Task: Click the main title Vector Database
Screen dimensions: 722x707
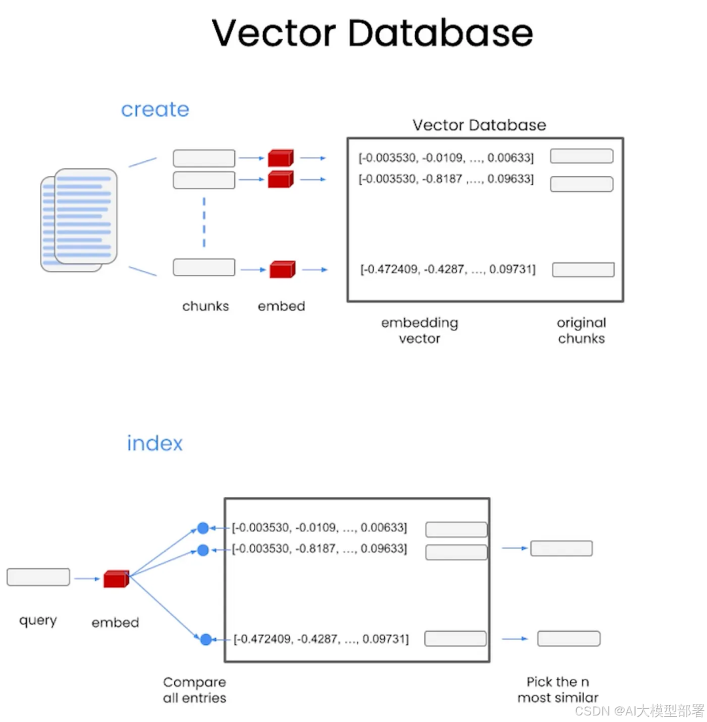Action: click(372, 33)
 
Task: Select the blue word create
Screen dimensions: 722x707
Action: click(155, 109)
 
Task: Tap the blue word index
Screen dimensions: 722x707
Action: click(154, 443)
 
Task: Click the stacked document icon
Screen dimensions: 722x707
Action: click(79, 220)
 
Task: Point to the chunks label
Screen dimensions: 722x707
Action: click(206, 306)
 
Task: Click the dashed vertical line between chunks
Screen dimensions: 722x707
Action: click(204, 223)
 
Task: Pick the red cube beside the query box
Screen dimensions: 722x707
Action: click(115, 579)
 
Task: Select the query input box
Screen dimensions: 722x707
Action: click(38, 577)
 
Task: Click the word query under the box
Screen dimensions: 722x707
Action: click(38, 620)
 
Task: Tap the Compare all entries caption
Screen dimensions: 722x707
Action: click(194, 690)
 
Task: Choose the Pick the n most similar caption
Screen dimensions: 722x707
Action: click(558, 690)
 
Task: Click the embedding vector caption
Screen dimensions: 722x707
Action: click(420, 331)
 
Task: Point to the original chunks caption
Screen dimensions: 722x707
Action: click(581, 331)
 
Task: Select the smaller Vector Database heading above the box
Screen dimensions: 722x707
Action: click(479, 125)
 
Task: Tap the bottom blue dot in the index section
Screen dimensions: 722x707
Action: click(206, 640)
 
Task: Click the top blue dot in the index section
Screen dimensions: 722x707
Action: click(203, 528)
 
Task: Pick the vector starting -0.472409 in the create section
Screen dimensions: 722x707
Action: click(448, 269)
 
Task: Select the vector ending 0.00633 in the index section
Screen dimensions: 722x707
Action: click(319, 528)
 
